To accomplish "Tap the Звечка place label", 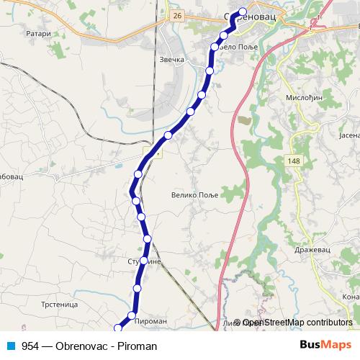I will point(172,60).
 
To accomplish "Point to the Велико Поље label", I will point(194,194).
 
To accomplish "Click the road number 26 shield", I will point(178,14).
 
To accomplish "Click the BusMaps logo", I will point(325,346).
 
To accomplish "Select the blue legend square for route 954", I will point(12,346).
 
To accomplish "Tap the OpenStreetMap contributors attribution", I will point(297,323).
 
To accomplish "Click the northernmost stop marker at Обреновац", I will point(242,12).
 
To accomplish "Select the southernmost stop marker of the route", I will point(118,328).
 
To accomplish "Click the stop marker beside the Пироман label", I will point(132,315).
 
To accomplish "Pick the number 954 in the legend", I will point(30,346).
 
